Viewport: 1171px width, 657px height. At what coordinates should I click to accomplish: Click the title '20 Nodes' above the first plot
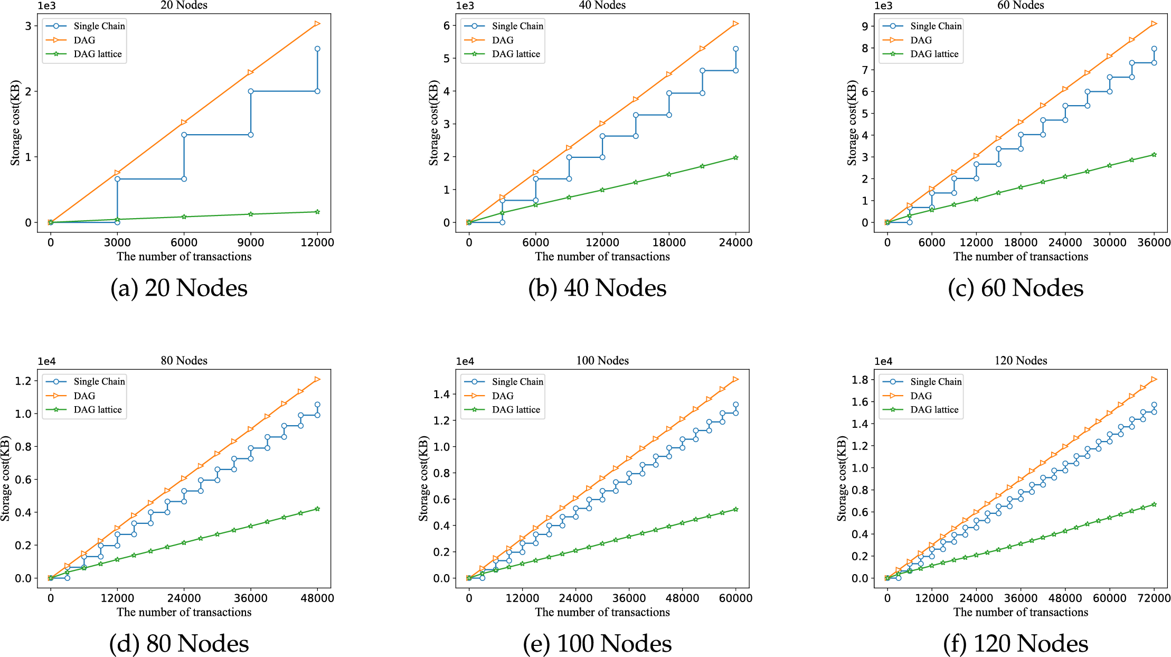184,5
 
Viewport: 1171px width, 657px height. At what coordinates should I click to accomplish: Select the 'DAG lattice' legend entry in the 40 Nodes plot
515,54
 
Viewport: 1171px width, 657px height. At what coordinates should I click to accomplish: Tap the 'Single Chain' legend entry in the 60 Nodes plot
936,26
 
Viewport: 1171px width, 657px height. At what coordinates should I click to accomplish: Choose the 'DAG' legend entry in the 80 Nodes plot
84,396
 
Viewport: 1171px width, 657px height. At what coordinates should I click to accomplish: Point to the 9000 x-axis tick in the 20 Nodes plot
250,242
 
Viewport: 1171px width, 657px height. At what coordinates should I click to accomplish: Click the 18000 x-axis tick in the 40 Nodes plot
669,242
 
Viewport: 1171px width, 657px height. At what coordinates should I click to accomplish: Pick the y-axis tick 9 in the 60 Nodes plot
865,26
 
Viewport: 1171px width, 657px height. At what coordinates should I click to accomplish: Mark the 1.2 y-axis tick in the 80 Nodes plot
23,381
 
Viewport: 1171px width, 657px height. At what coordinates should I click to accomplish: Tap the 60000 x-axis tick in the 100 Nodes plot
735,598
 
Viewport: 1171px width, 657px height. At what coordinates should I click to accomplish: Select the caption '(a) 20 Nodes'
179,288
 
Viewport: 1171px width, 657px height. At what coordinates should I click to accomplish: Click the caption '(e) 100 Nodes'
597,644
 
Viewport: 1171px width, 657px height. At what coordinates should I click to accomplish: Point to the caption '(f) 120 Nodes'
1015,644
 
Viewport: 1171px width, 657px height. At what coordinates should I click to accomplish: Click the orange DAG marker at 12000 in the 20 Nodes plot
317,24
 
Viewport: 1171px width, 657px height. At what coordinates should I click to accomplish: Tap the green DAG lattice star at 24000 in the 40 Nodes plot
735,157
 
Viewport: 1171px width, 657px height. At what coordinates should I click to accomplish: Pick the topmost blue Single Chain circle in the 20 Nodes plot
317,49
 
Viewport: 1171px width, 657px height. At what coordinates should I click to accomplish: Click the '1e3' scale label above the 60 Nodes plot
883,6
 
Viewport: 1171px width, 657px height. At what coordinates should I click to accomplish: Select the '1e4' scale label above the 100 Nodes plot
465,362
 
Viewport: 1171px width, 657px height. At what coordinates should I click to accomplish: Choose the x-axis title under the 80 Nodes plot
184,612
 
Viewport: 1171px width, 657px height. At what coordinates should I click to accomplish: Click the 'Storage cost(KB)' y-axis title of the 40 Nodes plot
433,123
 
